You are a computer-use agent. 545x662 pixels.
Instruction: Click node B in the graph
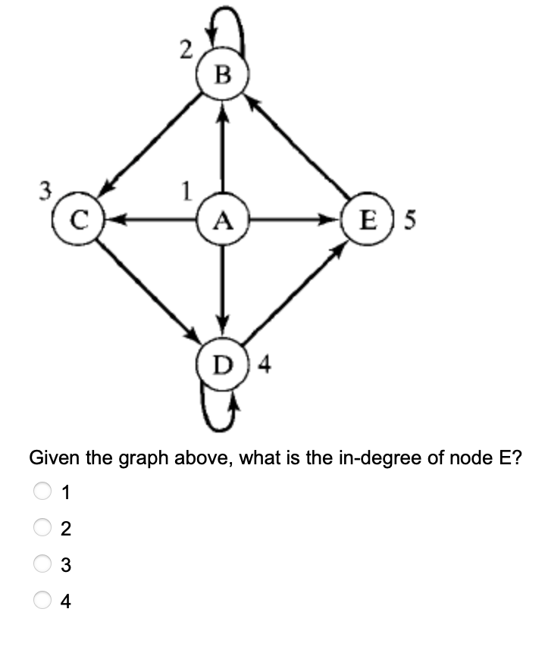(221, 75)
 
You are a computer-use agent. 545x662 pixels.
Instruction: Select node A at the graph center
(221, 220)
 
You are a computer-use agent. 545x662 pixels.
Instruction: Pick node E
(368, 220)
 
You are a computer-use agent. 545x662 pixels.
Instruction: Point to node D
(222, 366)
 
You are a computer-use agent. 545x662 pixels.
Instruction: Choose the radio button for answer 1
(42, 493)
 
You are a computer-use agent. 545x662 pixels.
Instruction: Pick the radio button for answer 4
(42, 602)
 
